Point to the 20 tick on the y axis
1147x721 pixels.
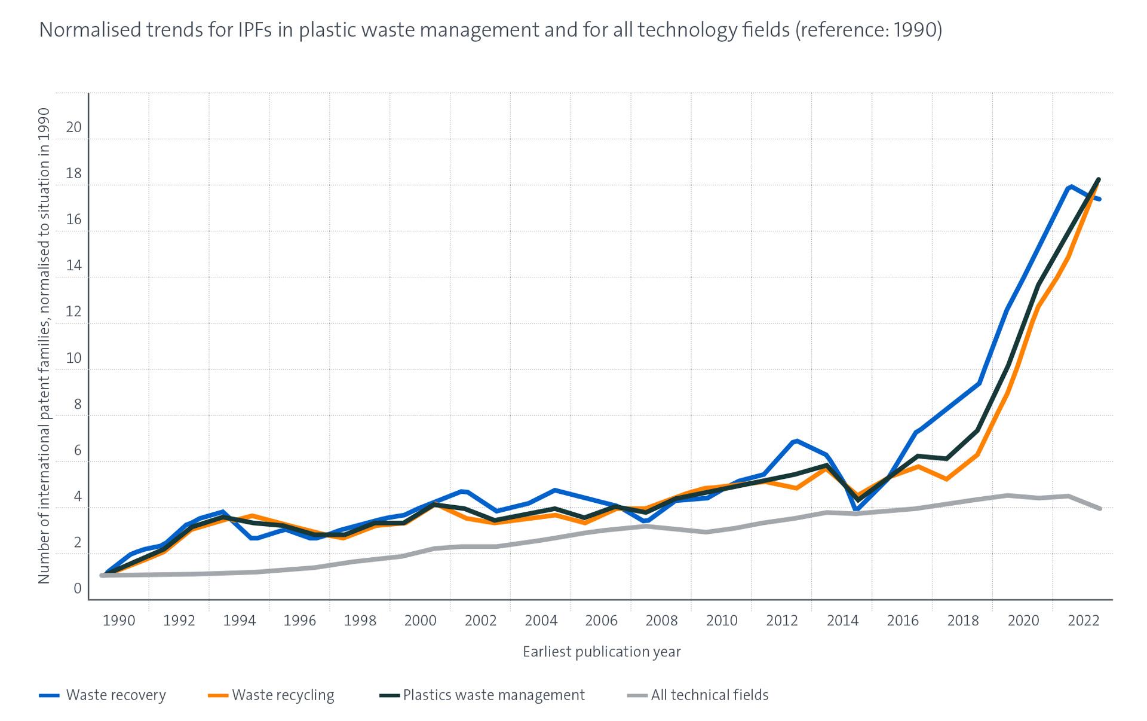click(73, 127)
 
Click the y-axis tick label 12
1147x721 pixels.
click(73, 311)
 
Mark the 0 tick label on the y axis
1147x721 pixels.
click(77, 588)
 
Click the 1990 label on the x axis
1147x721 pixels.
click(119, 621)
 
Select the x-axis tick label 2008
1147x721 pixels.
click(661, 621)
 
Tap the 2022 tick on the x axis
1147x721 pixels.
click(1084, 621)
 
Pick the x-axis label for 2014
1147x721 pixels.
click(842, 621)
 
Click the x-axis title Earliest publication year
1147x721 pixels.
click(602, 652)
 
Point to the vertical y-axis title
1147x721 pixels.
click(44, 346)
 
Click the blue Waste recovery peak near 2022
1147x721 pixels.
click(1070, 187)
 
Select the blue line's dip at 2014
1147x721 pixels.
click(857, 510)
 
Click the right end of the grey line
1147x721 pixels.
click(1099, 508)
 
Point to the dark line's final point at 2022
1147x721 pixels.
click(1099, 179)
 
